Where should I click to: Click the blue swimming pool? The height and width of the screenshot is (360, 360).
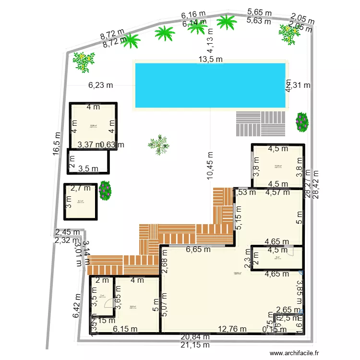click(x=211, y=85)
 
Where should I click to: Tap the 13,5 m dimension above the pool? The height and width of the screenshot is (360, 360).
click(x=211, y=60)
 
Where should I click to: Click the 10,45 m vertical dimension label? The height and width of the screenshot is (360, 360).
click(x=210, y=166)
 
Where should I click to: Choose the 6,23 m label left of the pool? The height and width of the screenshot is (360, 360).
click(x=100, y=85)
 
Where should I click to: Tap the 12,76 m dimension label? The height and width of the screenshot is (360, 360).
click(x=232, y=329)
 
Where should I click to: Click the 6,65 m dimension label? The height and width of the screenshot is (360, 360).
click(x=198, y=250)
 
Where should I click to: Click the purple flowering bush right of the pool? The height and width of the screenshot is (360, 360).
click(x=301, y=121)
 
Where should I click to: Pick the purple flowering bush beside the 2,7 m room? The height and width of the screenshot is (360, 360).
click(x=105, y=190)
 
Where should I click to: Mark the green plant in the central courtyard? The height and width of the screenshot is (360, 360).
click(x=158, y=144)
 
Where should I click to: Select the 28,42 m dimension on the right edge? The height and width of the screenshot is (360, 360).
click(x=315, y=185)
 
